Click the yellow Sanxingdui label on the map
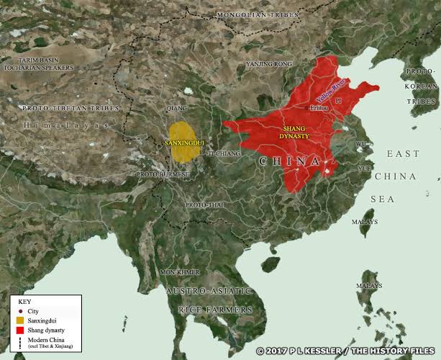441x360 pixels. (x=185, y=143)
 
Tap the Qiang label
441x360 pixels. (x=176, y=109)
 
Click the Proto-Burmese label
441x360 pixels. (x=163, y=174)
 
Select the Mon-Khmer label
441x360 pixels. (x=179, y=272)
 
